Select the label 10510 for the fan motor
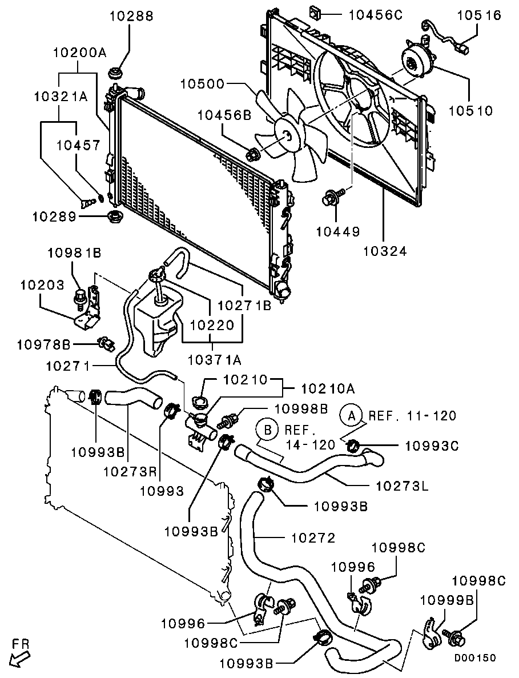click(471, 110)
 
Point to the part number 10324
click(384, 250)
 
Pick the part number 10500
click(203, 84)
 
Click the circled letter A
click(352, 415)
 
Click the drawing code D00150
click(475, 657)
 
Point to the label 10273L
click(402, 486)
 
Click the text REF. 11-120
click(412, 415)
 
